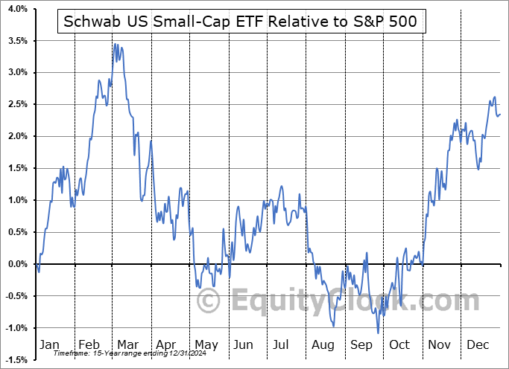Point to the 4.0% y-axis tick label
tap(17, 9)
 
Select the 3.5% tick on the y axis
tap(17, 41)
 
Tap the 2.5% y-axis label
tap(17, 105)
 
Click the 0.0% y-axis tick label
tap(17, 264)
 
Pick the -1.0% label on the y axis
tap(16, 328)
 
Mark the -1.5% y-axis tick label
tap(16, 360)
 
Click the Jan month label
tap(48, 344)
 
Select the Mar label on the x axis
tap(127, 344)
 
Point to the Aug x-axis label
tap(323, 344)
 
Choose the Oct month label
tap(400, 344)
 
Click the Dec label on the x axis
tap(478, 344)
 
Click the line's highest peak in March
tap(115, 45)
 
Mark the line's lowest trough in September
tap(379, 333)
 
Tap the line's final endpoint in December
tap(500, 114)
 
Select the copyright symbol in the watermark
tap(208, 301)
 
